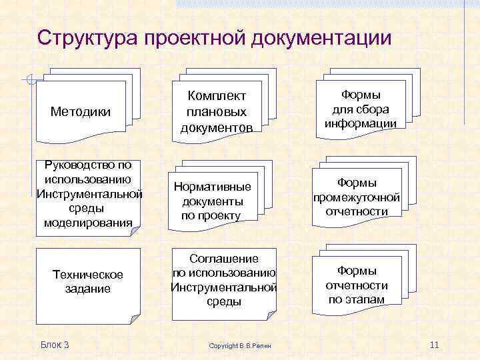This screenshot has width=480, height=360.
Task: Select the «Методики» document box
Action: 81,111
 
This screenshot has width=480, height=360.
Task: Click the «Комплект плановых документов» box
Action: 217,111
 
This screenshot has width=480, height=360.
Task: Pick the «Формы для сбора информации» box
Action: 360,109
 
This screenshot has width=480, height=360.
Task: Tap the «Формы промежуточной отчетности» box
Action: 357,197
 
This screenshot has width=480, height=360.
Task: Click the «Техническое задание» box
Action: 88,281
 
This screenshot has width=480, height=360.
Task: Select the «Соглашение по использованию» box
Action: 223,280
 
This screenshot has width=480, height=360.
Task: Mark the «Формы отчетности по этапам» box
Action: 357,285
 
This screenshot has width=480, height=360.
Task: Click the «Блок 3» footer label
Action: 55,344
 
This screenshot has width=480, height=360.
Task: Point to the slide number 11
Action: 435,344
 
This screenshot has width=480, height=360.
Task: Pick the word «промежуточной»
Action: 357,197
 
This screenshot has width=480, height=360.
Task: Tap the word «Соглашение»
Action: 223,258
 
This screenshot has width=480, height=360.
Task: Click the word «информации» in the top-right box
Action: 360,123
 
